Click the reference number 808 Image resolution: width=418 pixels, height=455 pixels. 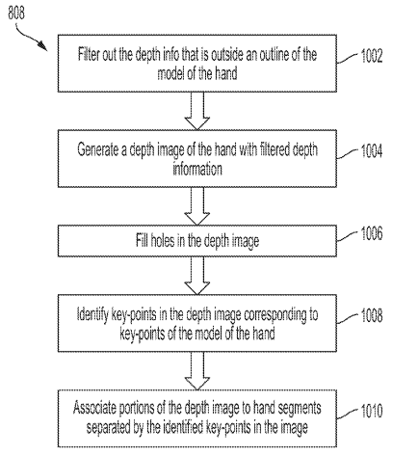(x=16, y=13)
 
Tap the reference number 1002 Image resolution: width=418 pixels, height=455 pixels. (x=372, y=56)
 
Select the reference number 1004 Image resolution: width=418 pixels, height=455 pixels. (x=372, y=150)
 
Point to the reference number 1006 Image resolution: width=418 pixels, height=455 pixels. (x=372, y=233)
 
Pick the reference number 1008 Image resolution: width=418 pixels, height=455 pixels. (x=372, y=315)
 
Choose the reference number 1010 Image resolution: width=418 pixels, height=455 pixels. (x=372, y=411)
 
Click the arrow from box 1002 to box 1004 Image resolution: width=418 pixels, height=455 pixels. (x=197, y=111)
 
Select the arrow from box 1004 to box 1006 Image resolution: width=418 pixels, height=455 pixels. (x=197, y=206)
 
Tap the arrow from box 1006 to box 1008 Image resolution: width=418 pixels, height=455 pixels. (x=197, y=276)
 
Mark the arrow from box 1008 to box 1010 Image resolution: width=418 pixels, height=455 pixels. (x=197, y=371)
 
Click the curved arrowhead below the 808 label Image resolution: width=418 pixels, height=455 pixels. (x=41, y=45)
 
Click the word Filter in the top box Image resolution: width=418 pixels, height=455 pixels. (x=89, y=54)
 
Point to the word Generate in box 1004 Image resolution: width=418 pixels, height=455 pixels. (x=97, y=150)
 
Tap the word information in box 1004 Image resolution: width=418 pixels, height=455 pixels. (x=197, y=169)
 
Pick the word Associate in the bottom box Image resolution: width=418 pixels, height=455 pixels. (x=94, y=408)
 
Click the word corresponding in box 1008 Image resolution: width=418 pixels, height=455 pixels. (x=275, y=315)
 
